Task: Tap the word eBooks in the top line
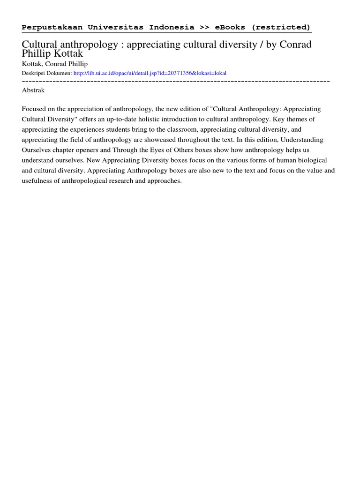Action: coord(230,27)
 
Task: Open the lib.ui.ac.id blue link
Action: coord(150,73)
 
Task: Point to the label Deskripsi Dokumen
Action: coord(47,73)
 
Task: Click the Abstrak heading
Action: coord(33,90)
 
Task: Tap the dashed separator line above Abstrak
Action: coord(176,82)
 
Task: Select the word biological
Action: coord(312,160)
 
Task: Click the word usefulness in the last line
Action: coord(37,181)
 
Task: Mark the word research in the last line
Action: coord(115,181)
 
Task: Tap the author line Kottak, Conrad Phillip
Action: coord(55,64)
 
